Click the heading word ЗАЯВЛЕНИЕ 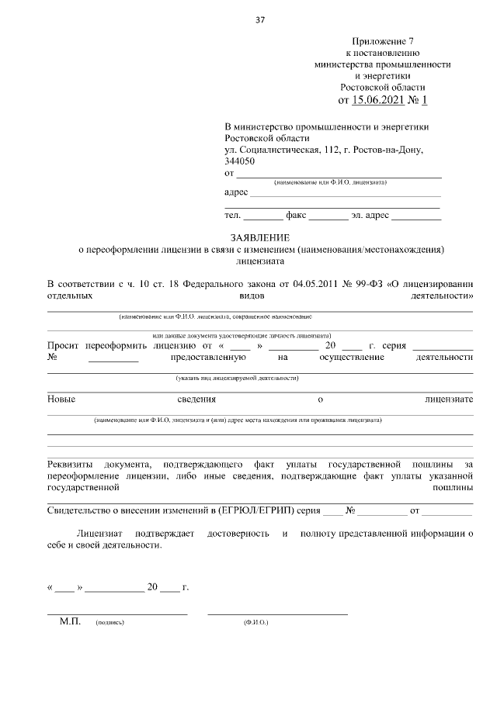pyautogui.click(x=259, y=237)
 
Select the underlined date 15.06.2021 pyautogui.click(x=380, y=100)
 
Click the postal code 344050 pyautogui.click(x=239, y=161)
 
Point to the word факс pyautogui.click(x=297, y=216)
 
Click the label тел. pyautogui.click(x=232, y=216)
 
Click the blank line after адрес pyautogui.click(x=345, y=194)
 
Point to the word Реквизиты pyautogui.click(x=71, y=463)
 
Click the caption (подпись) pyautogui.click(x=109, y=623)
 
